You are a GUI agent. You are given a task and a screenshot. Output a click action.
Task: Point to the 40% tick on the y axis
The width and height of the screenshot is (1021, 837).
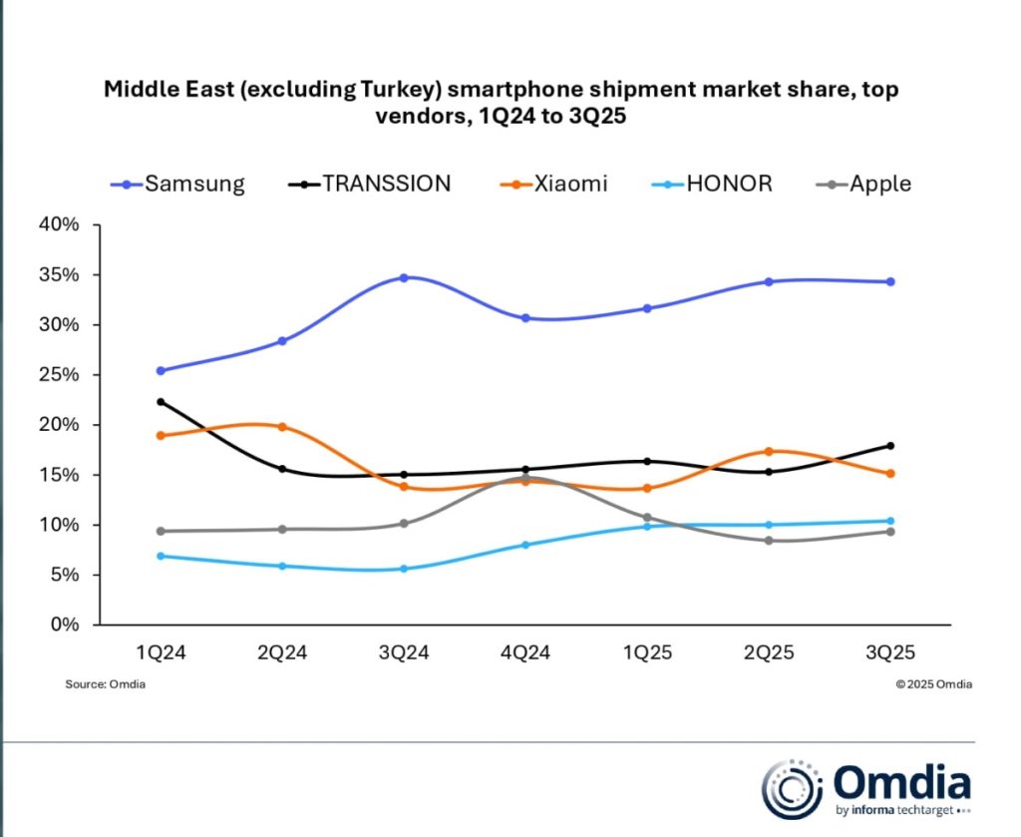(x=58, y=224)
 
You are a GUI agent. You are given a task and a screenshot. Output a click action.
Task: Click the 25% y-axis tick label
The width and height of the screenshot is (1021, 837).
(x=58, y=375)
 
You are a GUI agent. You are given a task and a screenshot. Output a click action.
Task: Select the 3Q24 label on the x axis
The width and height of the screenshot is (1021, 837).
(x=403, y=652)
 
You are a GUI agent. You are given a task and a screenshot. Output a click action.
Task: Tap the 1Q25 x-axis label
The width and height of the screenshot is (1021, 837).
(x=647, y=652)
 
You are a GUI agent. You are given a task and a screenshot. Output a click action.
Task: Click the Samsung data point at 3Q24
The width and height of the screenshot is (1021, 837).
(x=404, y=277)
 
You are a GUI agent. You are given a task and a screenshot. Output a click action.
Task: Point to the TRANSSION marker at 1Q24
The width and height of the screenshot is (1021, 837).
(x=160, y=402)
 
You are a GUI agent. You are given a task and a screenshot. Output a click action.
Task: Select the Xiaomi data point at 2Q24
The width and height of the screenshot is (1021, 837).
(x=282, y=427)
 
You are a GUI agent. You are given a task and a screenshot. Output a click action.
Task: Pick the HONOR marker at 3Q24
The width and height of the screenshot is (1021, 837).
(x=404, y=569)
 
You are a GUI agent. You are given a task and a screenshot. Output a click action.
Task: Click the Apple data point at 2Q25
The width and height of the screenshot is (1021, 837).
(x=769, y=541)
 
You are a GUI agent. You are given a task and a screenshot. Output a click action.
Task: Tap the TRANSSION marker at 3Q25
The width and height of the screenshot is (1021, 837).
(x=890, y=446)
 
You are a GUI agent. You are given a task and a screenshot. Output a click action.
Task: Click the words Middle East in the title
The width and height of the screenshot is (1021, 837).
(x=156, y=90)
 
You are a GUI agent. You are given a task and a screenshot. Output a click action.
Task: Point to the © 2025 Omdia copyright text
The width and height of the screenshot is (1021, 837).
(x=933, y=684)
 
